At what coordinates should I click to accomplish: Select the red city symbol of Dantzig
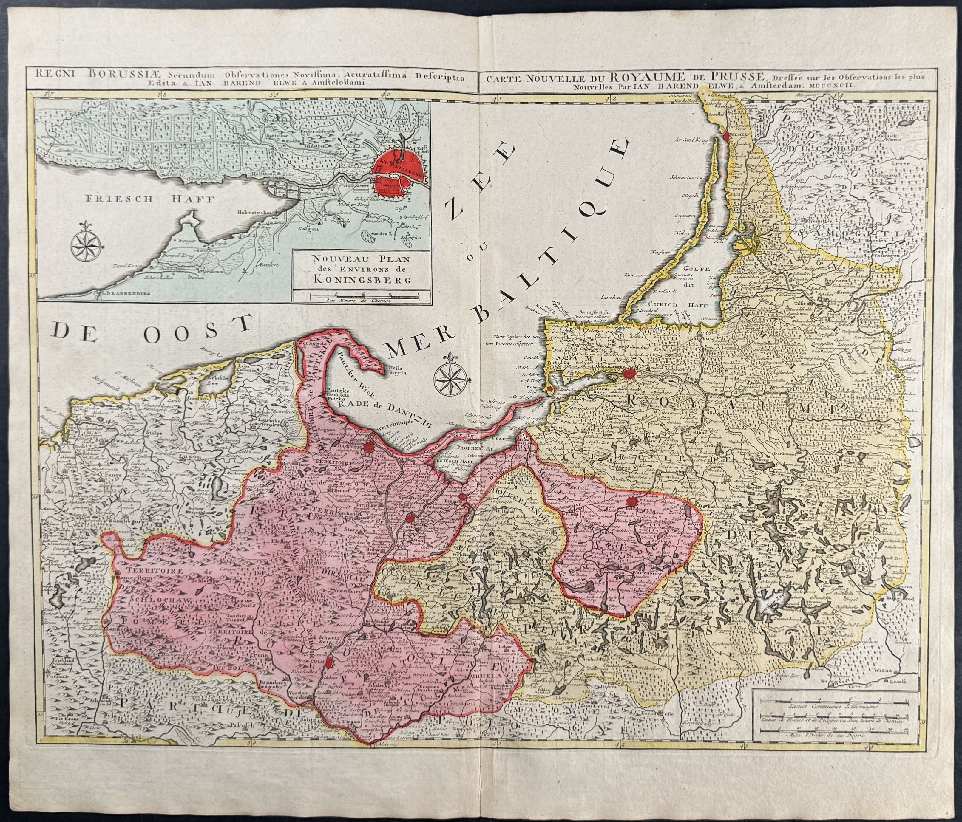[x=369, y=447]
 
